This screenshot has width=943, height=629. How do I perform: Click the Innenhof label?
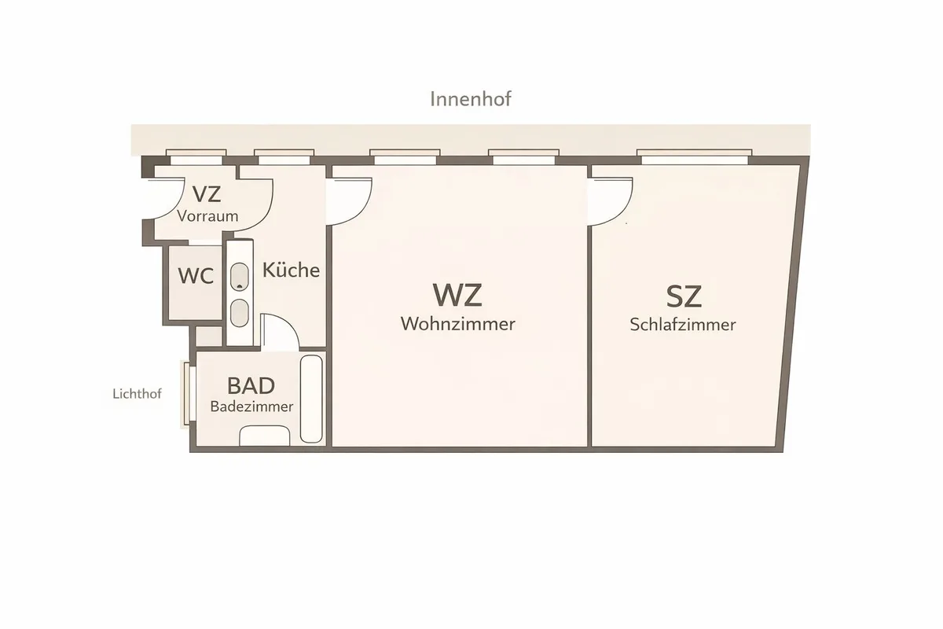tap(471, 99)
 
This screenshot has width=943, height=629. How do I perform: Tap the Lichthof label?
tap(138, 394)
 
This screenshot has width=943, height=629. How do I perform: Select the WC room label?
tap(196, 276)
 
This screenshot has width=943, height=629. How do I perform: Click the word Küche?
tap(291, 270)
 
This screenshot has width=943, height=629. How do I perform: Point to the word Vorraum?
tap(207, 216)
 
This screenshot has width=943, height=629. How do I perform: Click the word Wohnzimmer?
tap(458, 324)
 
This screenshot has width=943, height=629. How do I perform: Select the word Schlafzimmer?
tap(683, 325)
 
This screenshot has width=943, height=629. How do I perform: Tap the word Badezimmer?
tap(251, 406)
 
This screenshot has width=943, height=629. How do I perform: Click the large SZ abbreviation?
tap(684, 296)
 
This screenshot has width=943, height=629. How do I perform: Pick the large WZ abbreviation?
tap(457, 295)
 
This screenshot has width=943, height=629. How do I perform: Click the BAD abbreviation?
tap(251, 385)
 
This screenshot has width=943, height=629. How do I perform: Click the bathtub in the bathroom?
tap(311, 399)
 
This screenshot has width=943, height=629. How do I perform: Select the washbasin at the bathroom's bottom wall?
tap(265, 436)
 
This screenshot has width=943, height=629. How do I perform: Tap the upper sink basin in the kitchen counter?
tap(240, 277)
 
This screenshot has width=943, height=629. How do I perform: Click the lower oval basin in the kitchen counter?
tap(240, 313)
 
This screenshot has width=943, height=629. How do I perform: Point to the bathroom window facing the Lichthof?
tap(188, 393)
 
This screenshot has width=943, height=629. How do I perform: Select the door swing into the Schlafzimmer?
tap(611, 201)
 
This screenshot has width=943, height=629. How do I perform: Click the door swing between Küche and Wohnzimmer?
tap(349, 201)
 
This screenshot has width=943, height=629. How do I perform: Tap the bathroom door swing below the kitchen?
tap(280, 333)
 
